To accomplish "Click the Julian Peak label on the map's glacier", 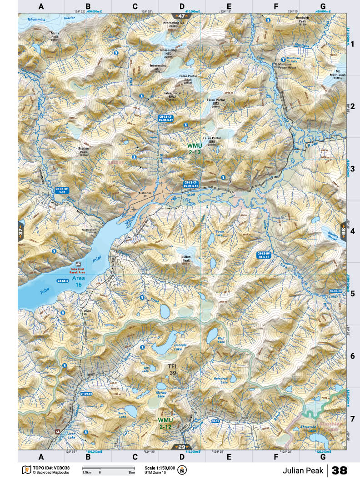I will (185, 259).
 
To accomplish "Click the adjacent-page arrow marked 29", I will (181, 446).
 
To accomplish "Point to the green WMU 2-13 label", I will (194, 149).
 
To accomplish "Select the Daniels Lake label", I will (167, 347).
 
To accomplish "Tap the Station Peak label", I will (84, 150).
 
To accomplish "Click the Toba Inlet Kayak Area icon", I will (79, 264).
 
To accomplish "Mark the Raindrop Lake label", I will (220, 380).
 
